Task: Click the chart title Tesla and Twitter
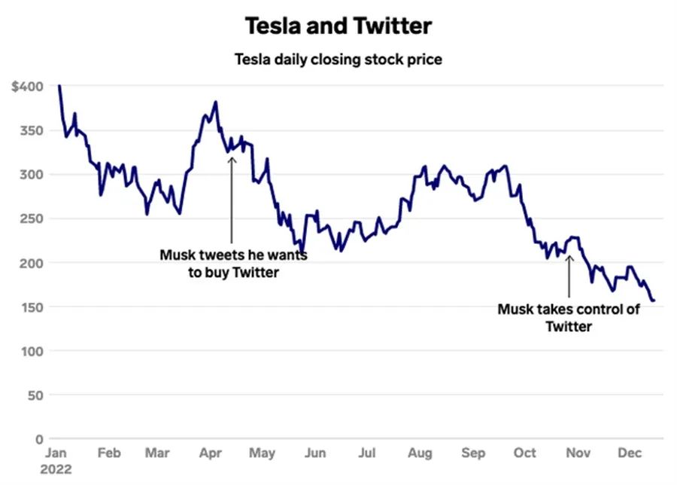(338, 26)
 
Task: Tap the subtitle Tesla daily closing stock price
(338, 59)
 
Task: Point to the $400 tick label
(29, 87)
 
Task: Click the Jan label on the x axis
(58, 453)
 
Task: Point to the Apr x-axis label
(209, 453)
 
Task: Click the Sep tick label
(472, 453)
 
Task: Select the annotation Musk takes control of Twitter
(569, 317)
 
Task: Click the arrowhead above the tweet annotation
(232, 157)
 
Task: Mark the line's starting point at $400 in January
(59, 86)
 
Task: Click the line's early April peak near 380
(216, 102)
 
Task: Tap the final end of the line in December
(654, 300)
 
